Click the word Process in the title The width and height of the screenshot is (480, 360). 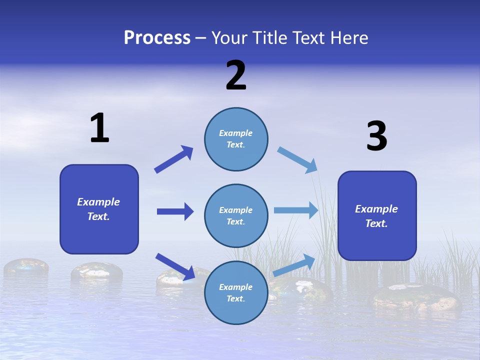point(157,37)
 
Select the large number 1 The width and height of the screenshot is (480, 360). point(99,128)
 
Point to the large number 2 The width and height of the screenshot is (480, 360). point(236,75)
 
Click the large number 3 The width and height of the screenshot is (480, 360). point(376,136)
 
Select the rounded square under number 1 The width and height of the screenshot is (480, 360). point(99,209)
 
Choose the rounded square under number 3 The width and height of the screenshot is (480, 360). point(377,215)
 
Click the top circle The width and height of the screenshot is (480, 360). point(236,139)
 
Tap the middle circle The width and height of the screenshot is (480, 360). point(236,215)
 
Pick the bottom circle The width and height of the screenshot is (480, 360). point(236,292)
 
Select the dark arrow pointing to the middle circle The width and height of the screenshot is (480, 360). point(175,211)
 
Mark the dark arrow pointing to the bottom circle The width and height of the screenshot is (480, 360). point(175,266)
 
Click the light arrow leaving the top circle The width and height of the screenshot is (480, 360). point(297,159)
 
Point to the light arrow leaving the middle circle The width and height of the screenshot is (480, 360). point(296,210)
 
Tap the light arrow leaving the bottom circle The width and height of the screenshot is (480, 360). point(294,265)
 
